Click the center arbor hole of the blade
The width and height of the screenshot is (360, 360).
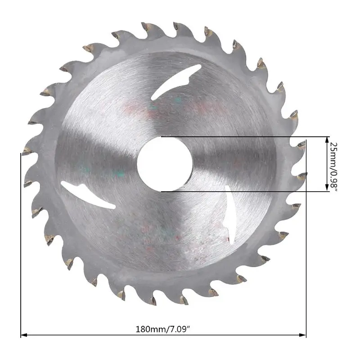[165, 164]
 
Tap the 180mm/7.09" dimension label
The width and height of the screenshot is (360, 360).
[163, 329]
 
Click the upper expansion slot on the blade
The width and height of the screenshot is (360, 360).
[176, 82]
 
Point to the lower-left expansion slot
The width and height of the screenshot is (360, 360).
[88, 195]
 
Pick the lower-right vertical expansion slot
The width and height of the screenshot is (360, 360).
[230, 215]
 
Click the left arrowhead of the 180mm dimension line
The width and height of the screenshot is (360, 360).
[24, 335]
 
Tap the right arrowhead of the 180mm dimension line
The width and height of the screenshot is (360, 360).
[303, 335]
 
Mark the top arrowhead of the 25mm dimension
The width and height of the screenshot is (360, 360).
[327, 140]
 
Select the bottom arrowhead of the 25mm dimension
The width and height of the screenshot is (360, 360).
[327, 188]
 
